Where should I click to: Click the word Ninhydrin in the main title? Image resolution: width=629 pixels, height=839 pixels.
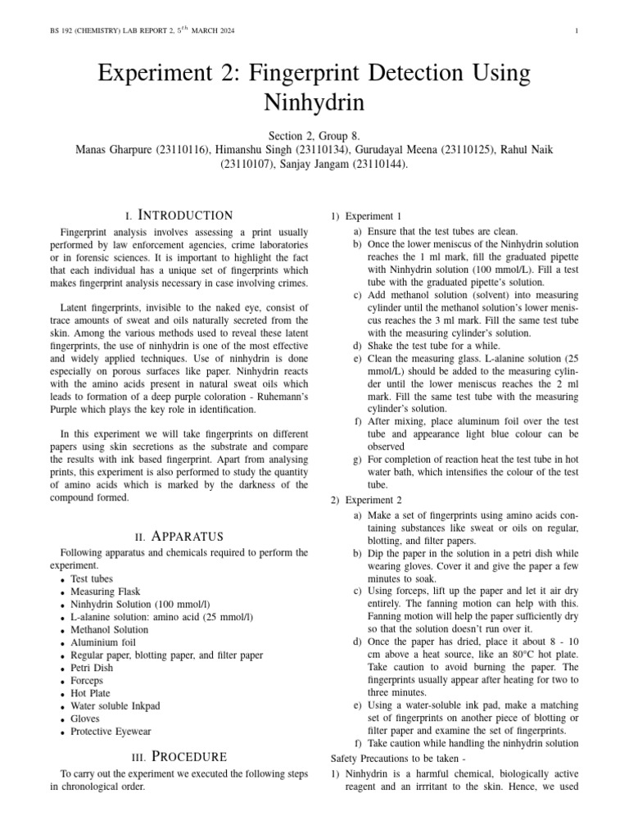click(314, 103)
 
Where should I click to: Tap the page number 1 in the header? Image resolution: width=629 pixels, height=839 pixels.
click(577, 32)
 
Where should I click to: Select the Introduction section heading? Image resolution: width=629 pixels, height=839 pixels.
click(179, 215)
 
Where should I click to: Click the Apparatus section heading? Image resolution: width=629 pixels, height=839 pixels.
click(179, 537)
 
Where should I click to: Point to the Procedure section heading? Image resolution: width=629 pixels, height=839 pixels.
click(179, 757)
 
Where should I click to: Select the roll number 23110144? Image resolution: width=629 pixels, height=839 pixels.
click(379, 164)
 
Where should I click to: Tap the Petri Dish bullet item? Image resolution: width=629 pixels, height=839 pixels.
click(92, 668)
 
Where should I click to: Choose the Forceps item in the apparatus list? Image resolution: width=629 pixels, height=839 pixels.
click(87, 681)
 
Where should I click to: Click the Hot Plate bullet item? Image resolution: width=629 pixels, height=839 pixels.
click(90, 693)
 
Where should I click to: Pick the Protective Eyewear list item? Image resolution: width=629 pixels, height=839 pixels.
click(111, 732)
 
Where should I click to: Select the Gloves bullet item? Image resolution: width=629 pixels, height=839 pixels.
click(85, 719)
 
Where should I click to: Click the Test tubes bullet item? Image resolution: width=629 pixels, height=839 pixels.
click(92, 578)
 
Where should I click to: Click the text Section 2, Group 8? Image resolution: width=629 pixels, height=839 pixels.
click(314, 135)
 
